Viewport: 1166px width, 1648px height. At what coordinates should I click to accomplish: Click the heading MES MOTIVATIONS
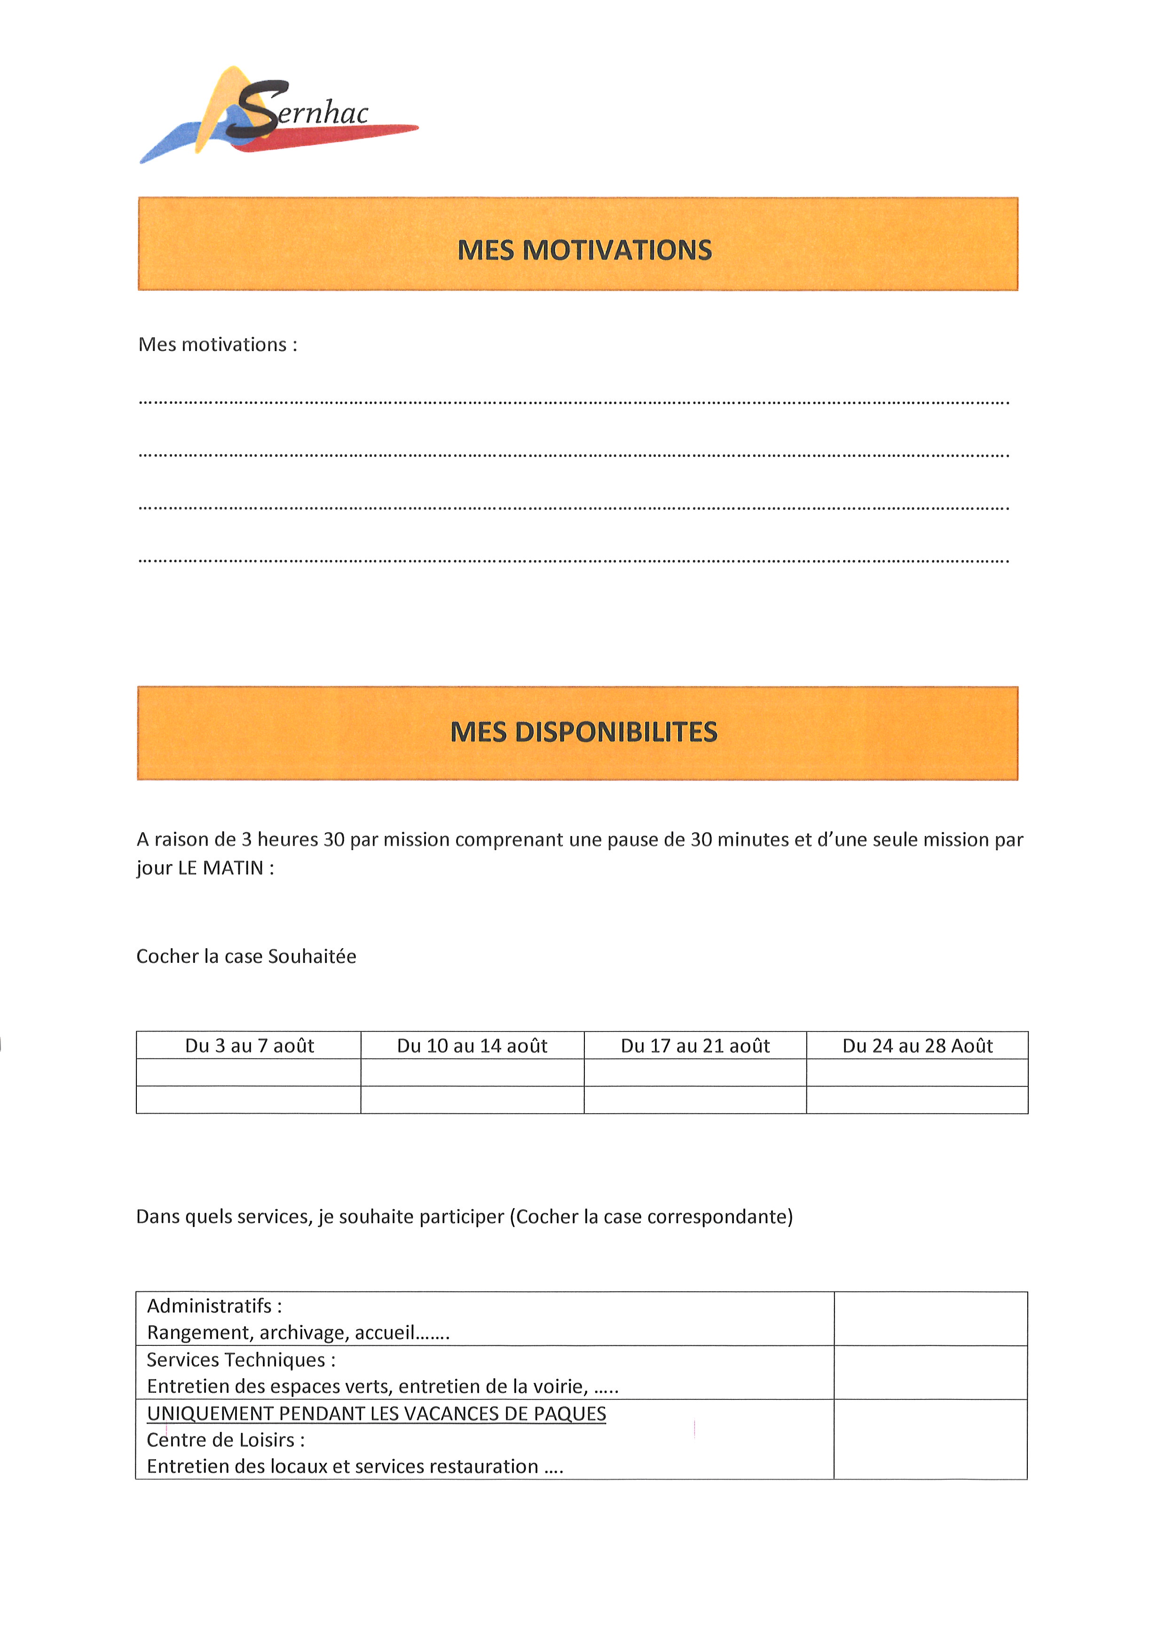click(584, 250)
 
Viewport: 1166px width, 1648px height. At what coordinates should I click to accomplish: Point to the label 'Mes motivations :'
click(218, 344)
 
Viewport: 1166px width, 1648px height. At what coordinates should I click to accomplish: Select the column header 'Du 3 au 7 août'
click(249, 1046)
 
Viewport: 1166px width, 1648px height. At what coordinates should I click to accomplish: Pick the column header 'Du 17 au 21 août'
click(695, 1046)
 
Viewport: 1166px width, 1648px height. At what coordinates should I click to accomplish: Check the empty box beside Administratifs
click(930, 1319)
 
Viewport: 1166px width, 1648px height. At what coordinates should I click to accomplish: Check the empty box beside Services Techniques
click(930, 1372)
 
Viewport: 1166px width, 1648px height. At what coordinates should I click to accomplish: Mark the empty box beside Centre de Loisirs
click(930, 1439)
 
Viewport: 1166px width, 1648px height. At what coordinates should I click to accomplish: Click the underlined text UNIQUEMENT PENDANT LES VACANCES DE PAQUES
click(376, 1414)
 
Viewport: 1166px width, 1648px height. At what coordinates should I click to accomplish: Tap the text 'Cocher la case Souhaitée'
click(246, 956)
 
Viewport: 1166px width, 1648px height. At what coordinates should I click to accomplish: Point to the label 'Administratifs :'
click(214, 1305)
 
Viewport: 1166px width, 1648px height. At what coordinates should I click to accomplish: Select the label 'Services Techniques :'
click(241, 1359)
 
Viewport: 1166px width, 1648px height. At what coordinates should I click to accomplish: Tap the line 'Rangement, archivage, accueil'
click(298, 1332)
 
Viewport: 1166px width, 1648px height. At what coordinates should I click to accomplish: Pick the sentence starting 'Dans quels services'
click(465, 1217)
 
